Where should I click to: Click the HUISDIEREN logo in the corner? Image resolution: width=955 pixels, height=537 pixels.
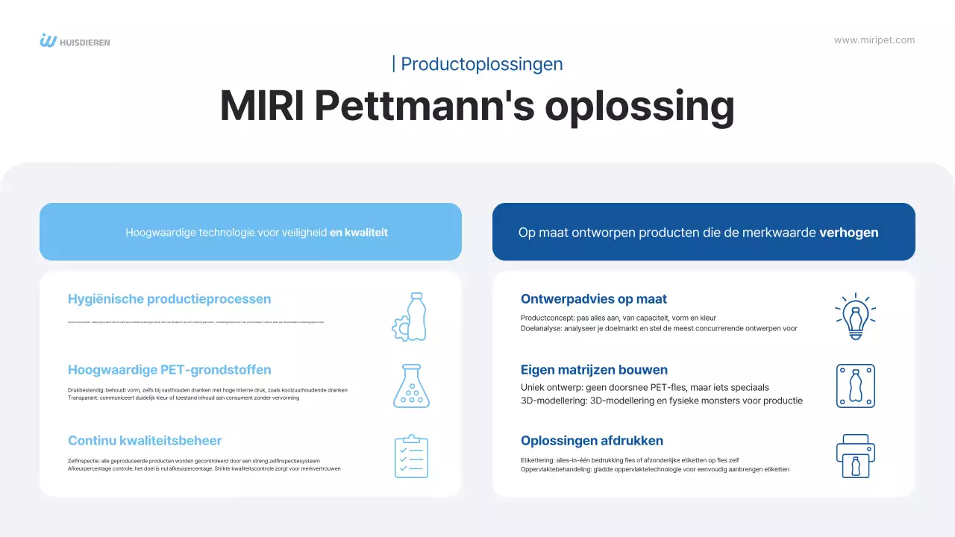75,41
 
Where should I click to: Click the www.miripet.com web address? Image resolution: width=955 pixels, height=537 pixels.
874,40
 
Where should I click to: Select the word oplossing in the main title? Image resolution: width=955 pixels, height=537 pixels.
639,106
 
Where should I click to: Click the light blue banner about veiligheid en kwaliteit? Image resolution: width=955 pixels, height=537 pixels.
251,232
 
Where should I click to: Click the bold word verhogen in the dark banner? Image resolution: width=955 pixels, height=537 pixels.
848,233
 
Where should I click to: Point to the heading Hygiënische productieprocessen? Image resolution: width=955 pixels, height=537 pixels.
169,299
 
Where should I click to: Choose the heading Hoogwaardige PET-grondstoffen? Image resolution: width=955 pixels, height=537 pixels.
169,370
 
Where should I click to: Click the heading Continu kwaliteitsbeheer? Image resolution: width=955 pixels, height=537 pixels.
145,441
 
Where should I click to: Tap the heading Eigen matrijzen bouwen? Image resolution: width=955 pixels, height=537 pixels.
594,370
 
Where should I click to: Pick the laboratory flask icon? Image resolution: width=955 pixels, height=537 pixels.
411,386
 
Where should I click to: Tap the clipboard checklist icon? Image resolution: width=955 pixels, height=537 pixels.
411,456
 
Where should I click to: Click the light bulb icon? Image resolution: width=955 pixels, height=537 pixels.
855,316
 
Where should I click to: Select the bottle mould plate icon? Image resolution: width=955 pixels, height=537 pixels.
855,386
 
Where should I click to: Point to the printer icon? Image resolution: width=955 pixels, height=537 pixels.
855,456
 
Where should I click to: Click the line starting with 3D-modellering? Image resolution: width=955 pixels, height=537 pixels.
661,401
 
